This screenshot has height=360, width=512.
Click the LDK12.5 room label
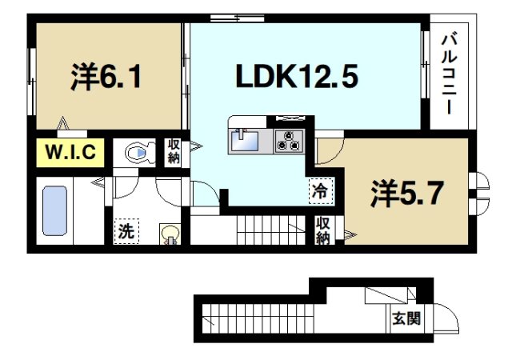pyautogui.click(x=295, y=77)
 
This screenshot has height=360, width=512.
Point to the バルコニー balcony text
pyautogui.click(x=449, y=73)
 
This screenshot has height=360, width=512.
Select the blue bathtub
pyautogui.click(x=54, y=211)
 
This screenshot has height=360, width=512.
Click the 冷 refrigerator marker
pyautogui.click(x=319, y=191)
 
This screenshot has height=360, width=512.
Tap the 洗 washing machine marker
pyautogui.click(x=126, y=231)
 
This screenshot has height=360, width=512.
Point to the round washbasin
pyautogui.click(x=170, y=233)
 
